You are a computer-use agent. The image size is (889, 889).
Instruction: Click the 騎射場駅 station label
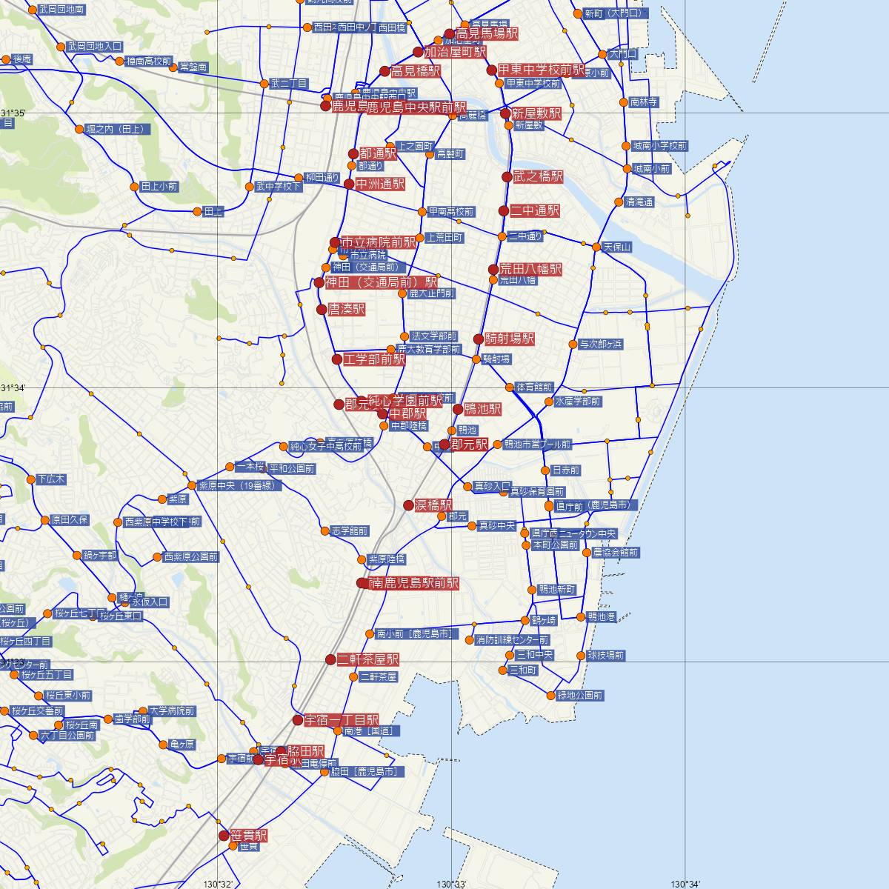pyautogui.click(x=509, y=339)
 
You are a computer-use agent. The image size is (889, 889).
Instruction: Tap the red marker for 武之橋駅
pyautogui.click(x=507, y=177)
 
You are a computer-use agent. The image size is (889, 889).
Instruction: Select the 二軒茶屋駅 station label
pyautogui.click(x=367, y=659)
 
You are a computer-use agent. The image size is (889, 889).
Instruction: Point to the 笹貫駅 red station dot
pyautogui.click(x=224, y=836)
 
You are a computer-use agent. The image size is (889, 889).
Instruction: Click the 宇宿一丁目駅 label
pyautogui.click(x=341, y=720)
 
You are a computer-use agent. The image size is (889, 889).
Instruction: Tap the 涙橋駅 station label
pyautogui.click(x=432, y=505)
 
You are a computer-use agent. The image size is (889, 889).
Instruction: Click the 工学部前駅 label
pyautogui.click(x=374, y=360)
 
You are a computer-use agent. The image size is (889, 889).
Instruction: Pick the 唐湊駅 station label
pyautogui.click(x=346, y=310)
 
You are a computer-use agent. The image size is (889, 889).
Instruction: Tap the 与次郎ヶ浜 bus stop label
pyautogui.click(x=601, y=344)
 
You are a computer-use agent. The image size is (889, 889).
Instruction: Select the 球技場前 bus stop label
pyautogui.click(x=605, y=656)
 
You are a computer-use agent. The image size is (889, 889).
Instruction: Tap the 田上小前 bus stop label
pyautogui.click(x=159, y=187)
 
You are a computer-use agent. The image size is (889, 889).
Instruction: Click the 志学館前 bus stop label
pyautogui.click(x=350, y=531)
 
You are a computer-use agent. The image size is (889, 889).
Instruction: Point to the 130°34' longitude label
pyautogui.click(x=685, y=884)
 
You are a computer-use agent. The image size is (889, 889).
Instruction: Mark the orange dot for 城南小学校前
pyautogui.click(x=627, y=146)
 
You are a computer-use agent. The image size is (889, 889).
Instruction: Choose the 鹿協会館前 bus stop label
pyautogui.click(x=615, y=553)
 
